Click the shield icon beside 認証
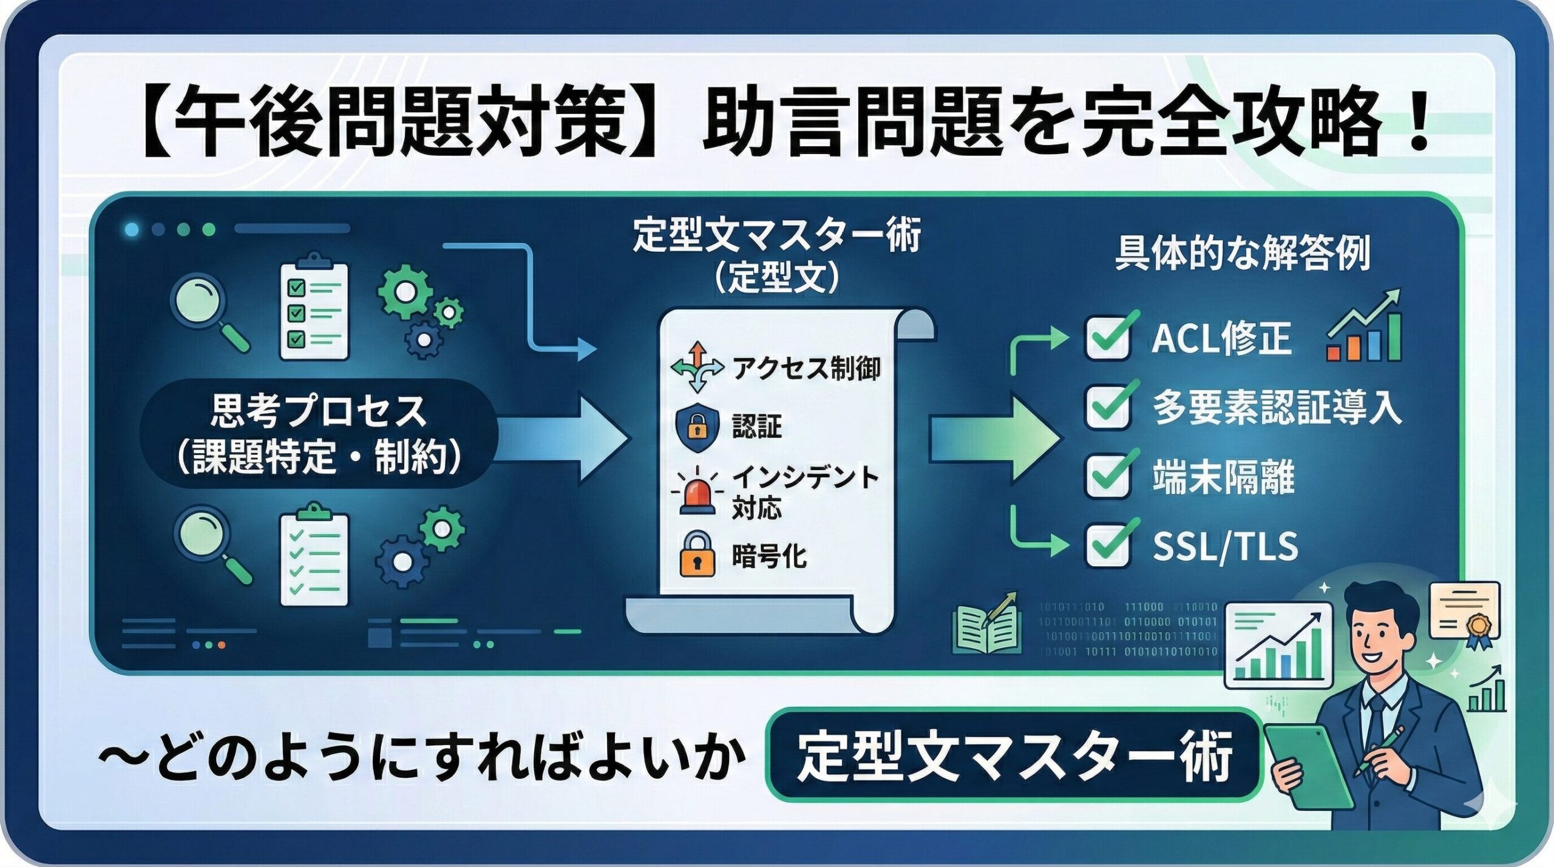pyautogui.click(x=697, y=427)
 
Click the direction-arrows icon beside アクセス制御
pyautogui.click(x=697, y=367)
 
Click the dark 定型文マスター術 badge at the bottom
pyautogui.click(x=1014, y=755)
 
